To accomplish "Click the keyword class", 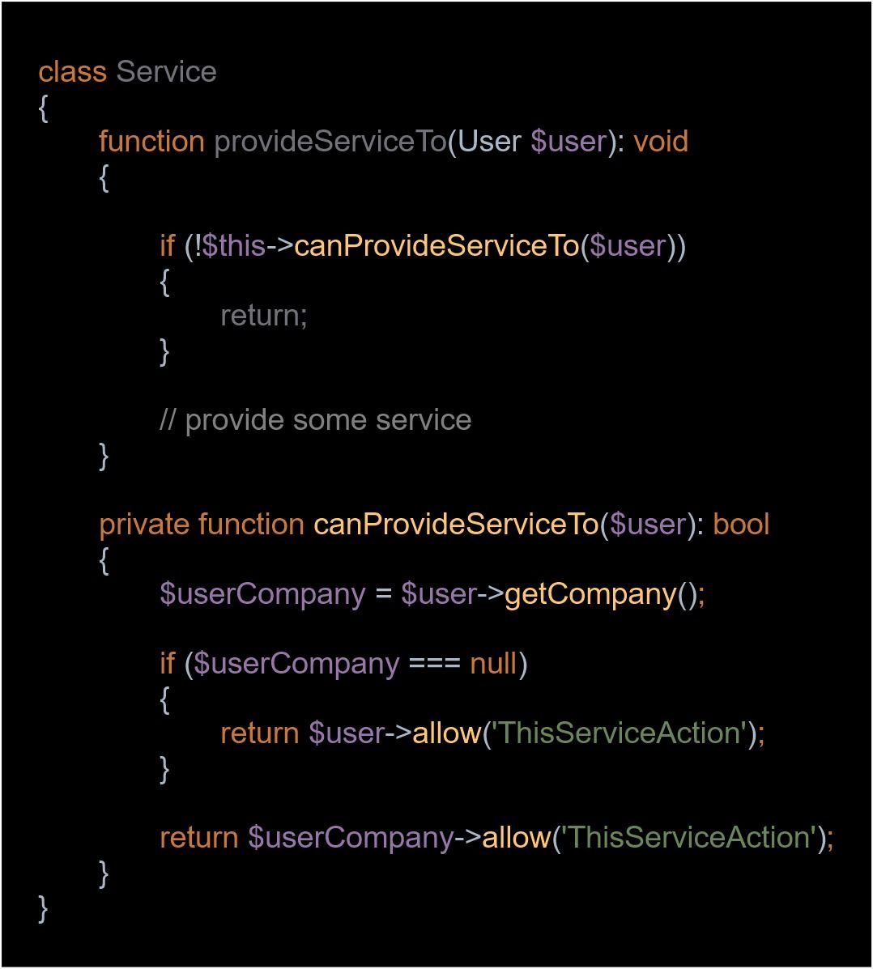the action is [72, 72].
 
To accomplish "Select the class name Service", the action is [166, 72].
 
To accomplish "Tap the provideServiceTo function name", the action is [330, 142].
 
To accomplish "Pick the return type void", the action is [661, 142].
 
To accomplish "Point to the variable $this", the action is [234, 246].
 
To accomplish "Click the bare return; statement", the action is [264, 316].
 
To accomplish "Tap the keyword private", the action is [145, 525].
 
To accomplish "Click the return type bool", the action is [741, 525].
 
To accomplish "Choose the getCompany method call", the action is [590, 594].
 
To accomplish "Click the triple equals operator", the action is [435, 665].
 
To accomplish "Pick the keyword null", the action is [493, 664].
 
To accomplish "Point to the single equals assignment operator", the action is [384, 594].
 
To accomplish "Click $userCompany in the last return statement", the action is [351, 838].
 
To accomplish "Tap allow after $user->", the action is [447, 733].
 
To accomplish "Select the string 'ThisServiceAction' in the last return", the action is [690, 838].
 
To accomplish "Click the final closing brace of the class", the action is [43, 909].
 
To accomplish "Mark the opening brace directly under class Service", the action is [43, 108].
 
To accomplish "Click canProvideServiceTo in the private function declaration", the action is [456, 525].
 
